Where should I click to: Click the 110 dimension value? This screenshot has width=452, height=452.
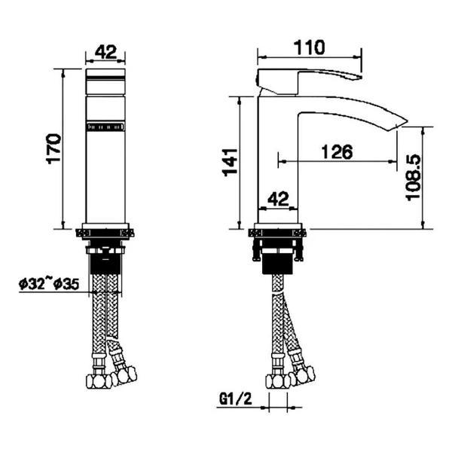(x=310, y=47)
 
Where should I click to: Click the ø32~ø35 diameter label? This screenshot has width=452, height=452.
(x=47, y=284)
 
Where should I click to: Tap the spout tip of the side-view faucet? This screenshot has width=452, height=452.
(x=398, y=123)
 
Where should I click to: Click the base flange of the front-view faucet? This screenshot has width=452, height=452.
(x=107, y=233)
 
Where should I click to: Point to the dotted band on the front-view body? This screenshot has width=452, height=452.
(x=107, y=129)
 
